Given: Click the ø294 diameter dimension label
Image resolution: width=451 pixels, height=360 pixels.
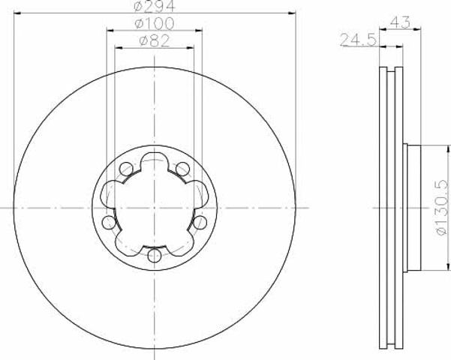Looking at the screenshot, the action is click(x=155, y=6).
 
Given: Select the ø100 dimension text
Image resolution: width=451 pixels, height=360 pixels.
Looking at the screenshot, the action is click(x=155, y=23).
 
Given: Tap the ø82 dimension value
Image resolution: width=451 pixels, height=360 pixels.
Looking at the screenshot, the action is click(x=155, y=41).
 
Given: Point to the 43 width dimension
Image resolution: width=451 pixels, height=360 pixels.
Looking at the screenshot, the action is click(x=401, y=22).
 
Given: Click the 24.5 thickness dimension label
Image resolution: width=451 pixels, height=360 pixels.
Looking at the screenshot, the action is click(x=358, y=40).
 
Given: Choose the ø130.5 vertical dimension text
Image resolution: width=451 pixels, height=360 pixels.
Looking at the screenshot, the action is click(x=442, y=208).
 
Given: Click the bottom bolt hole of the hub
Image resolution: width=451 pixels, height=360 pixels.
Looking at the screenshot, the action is click(x=155, y=256).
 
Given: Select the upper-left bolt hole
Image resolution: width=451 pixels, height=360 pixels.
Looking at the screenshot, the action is click(x=126, y=169).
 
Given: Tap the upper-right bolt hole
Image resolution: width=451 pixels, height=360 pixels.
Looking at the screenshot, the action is click(x=182, y=169).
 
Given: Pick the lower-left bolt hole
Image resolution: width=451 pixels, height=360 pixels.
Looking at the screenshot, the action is click(x=109, y=223).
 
